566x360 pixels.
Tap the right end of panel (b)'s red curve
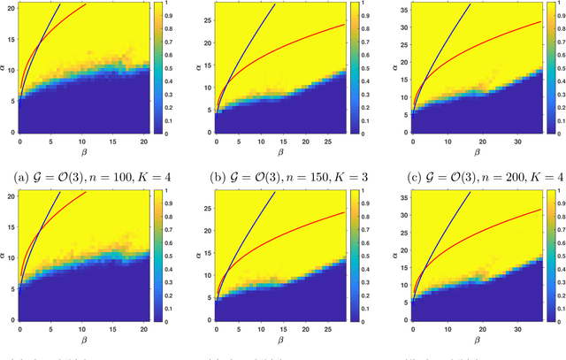(x=343, y=24)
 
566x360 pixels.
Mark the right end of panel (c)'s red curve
(x=539, y=22)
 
